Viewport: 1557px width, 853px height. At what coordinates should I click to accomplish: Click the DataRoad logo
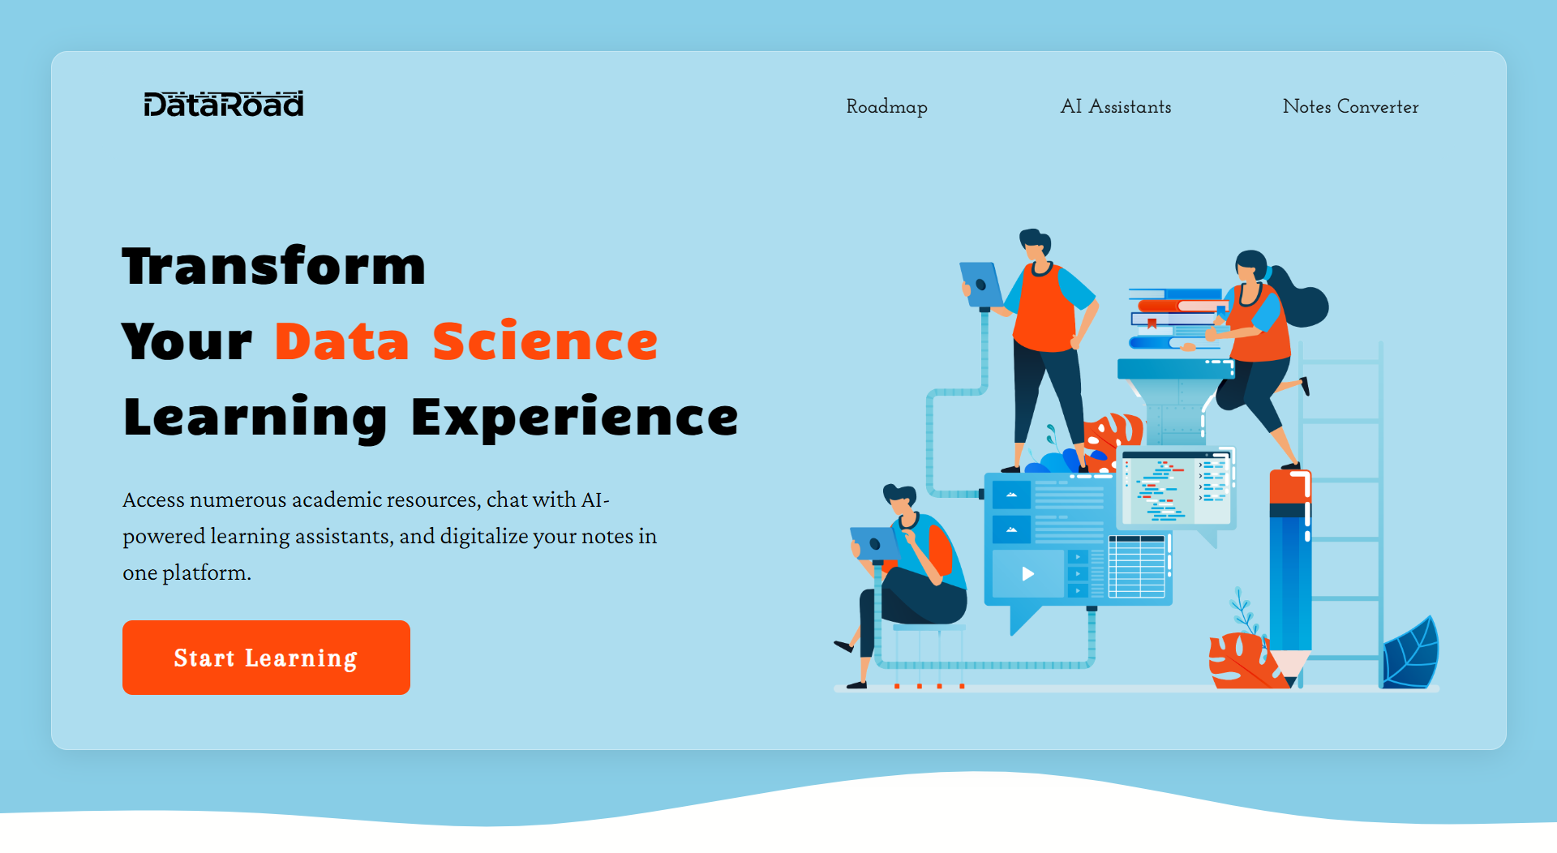pos(224,104)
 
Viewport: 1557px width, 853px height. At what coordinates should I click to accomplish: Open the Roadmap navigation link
pos(886,107)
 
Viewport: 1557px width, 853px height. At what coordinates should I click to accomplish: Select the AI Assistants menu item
pos(1116,106)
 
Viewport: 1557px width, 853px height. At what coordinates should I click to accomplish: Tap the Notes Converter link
pos(1350,106)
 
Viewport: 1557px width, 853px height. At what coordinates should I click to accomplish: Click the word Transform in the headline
pos(274,266)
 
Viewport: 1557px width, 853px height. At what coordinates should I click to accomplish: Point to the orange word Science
pos(545,341)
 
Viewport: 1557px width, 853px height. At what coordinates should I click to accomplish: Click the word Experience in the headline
pos(575,417)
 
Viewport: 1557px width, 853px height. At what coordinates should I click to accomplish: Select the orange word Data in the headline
pos(342,341)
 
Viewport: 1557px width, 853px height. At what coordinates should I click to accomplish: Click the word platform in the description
pos(206,573)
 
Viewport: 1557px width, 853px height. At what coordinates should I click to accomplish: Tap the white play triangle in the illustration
pos(1027,574)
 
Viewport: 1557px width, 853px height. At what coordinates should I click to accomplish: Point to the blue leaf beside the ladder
pos(1410,654)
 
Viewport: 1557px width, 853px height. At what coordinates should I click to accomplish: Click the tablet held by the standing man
pos(981,285)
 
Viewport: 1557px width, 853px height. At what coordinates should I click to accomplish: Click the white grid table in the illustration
pos(1137,566)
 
